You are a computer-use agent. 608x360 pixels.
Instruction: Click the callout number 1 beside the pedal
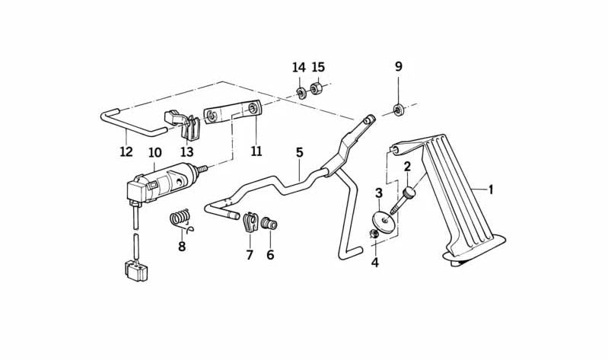point(490,189)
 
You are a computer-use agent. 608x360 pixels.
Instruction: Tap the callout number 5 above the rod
point(300,152)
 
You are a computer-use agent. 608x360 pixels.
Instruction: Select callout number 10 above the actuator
point(155,153)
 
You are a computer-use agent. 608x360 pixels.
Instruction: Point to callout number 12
point(126,151)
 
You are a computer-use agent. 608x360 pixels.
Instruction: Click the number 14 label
point(298,68)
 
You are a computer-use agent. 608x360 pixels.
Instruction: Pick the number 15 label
point(318,68)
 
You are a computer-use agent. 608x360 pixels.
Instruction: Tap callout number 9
point(398,67)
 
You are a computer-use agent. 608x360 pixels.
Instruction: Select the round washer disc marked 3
point(384,219)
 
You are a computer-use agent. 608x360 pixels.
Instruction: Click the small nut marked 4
point(374,234)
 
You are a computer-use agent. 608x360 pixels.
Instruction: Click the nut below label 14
point(301,94)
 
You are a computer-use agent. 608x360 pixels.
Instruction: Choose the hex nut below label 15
point(317,89)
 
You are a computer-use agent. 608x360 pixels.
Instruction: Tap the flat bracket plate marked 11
point(233,115)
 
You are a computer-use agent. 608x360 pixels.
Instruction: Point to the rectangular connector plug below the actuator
point(136,271)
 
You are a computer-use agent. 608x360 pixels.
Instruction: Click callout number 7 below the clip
point(249,255)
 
